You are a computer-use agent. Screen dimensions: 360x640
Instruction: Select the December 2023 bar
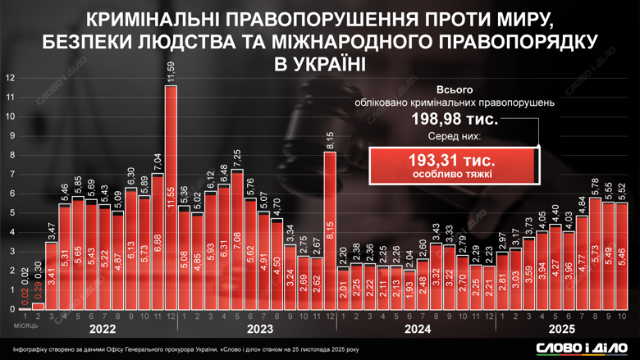pyautogui.click(x=330, y=230)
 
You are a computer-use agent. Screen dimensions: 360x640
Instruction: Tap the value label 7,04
pyautogui.click(x=158, y=162)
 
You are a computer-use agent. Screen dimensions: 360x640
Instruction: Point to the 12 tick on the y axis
pyautogui.click(x=10, y=78)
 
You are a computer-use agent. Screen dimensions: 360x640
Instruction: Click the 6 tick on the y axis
pyautogui.click(x=10, y=194)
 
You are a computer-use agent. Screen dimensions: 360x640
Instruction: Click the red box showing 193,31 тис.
pyautogui.click(x=454, y=162)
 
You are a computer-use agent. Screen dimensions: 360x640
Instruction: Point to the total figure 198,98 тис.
pyautogui.click(x=454, y=120)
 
